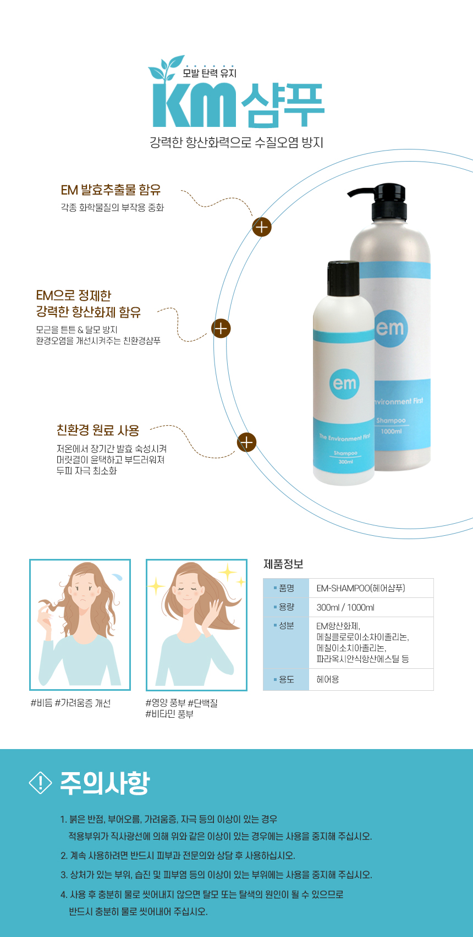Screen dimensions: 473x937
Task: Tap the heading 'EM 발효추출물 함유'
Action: point(111,190)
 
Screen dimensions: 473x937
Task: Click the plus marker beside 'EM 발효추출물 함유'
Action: point(262,227)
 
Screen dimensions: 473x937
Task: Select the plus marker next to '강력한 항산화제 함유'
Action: point(221,329)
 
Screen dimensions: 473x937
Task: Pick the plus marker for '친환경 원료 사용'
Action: point(246,442)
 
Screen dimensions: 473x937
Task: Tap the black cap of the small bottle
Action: point(343,279)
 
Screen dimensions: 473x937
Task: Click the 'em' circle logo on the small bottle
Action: point(344,384)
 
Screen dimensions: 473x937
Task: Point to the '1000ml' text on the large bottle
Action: point(391,431)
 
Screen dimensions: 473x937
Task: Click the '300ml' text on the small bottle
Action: point(346,462)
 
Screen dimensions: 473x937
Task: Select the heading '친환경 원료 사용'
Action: point(98,430)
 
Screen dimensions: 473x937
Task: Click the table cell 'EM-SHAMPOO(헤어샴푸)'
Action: point(361,588)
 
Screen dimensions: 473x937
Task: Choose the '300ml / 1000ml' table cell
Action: point(345,607)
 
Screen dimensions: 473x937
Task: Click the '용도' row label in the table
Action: point(287,679)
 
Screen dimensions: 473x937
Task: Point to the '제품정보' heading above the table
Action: point(283,564)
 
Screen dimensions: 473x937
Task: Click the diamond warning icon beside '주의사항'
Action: point(41,783)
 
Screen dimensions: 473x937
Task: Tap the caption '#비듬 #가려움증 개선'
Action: point(71,703)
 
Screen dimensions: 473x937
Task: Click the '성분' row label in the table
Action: point(287,625)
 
